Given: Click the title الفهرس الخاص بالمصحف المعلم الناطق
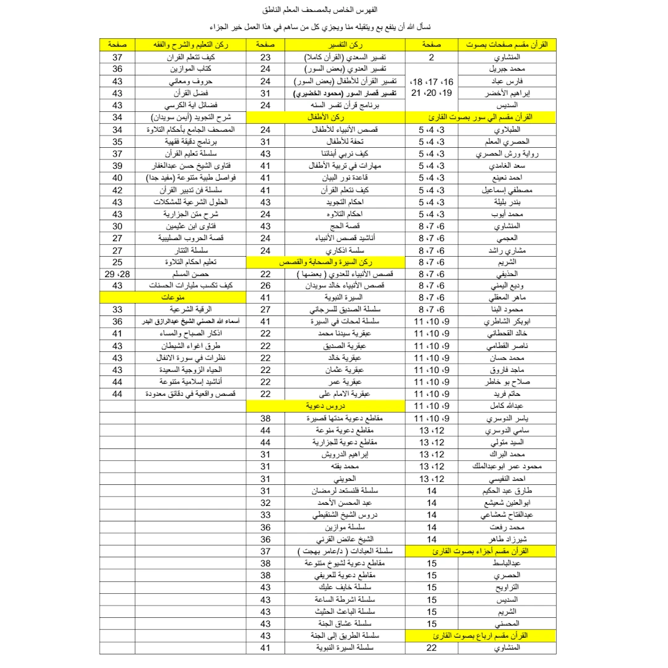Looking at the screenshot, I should point(334,11).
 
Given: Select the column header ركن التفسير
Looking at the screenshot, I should point(345,45).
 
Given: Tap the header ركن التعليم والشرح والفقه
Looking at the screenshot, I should point(191,45).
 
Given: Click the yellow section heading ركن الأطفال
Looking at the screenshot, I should point(326,117).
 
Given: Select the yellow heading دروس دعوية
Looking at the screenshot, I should point(326,406).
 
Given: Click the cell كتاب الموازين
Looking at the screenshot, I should point(191,69).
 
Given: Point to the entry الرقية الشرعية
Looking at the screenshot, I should point(191,309).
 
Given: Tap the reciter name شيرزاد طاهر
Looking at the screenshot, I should point(505,538).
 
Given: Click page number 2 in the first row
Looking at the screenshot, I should point(431,58).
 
